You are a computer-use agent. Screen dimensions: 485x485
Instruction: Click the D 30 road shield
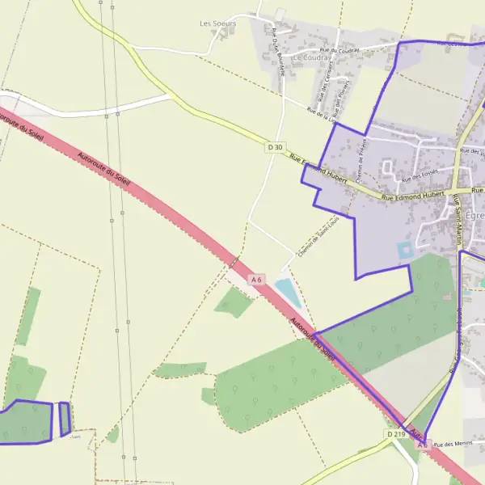[276, 147]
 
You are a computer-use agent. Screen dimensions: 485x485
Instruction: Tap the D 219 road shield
[395, 434]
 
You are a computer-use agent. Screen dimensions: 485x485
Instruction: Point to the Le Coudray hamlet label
[311, 58]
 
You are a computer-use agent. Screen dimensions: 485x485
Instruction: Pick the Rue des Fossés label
[419, 176]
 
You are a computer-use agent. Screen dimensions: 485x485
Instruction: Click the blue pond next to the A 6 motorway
[289, 292]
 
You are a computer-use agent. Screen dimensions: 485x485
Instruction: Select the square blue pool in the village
[404, 251]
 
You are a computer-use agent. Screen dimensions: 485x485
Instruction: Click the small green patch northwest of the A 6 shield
[235, 302]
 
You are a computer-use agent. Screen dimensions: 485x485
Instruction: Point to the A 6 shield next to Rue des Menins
[422, 445]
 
